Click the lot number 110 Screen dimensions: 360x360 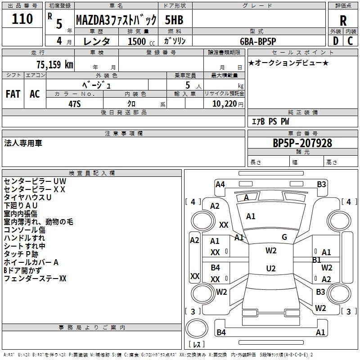coord(22,19)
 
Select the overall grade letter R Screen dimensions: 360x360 coord(343,21)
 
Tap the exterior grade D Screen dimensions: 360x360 coord(336,41)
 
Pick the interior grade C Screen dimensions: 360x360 coord(350,41)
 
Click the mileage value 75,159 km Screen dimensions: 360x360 coord(55,64)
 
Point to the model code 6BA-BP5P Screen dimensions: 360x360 coord(258,41)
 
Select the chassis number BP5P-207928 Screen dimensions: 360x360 coord(302,143)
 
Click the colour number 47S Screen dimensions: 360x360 coord(75,104)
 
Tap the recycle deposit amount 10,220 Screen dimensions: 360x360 coord(225,104)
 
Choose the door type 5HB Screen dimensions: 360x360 coord(174,20)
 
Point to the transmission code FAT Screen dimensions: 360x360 coord(13,94)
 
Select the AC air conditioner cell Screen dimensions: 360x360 coord(35,94)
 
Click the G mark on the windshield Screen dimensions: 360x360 coord(284,237)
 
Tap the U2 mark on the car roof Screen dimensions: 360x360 coord(271,268)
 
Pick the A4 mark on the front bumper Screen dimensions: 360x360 coord(220,184)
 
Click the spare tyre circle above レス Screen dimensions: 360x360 coord(197,328)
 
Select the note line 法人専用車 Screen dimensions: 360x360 coord(23,143)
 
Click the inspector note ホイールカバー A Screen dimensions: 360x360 coord(31,262)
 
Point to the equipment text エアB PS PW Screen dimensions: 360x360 coord(270,121)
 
